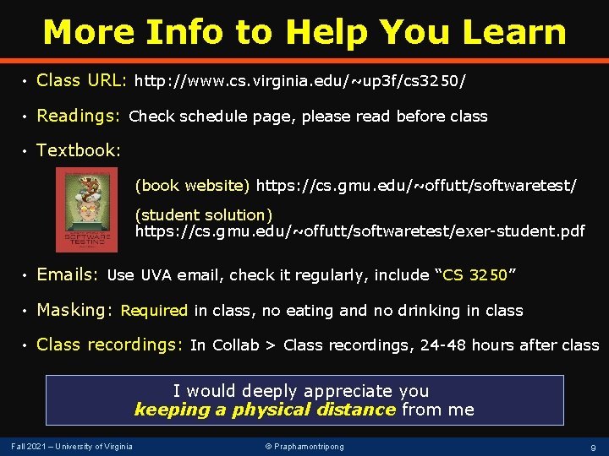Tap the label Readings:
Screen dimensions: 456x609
[81, 116]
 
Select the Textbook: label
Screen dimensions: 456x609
[79, 150]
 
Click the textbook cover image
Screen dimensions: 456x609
[86, 209]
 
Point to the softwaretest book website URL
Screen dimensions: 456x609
[416, 185]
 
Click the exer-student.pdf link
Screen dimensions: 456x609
[359, 231]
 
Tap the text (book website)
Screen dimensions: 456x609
[193, 185]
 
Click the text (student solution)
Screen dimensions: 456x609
[204, 214]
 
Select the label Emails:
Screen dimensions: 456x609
[69, 274]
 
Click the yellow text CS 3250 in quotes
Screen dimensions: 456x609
[475, 275]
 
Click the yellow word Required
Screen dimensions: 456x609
[154, 311]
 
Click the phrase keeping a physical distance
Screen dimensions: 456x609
[265, 410]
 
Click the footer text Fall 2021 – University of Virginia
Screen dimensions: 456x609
[71, 446]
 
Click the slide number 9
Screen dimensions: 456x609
[593, 447]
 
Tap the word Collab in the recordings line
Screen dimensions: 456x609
[236, 345]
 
